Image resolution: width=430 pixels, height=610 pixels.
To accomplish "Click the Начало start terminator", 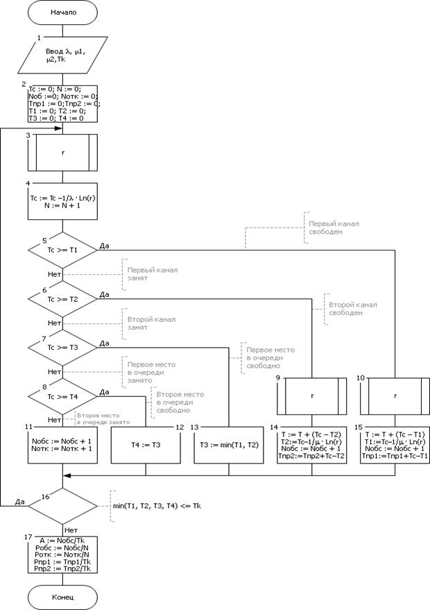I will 63,12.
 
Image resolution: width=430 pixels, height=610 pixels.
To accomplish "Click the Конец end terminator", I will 63,596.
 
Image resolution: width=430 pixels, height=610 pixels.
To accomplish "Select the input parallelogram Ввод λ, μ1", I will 63,56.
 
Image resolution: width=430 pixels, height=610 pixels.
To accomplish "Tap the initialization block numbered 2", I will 63,103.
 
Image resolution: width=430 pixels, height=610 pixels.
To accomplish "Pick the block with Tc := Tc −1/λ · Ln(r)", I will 63,201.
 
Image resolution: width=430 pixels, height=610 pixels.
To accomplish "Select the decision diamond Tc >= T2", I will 63,299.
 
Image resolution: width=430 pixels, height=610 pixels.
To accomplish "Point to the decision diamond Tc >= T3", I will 63,347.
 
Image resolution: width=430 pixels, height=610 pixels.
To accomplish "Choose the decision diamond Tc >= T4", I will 63,397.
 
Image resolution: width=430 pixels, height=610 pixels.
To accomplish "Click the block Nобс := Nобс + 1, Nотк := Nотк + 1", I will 63,444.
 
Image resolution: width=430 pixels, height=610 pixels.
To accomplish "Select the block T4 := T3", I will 146,444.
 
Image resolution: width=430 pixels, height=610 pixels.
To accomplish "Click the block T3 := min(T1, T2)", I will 229,444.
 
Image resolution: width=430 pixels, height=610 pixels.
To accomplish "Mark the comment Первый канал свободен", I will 332,229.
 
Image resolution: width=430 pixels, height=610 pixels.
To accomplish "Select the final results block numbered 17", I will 63,553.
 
